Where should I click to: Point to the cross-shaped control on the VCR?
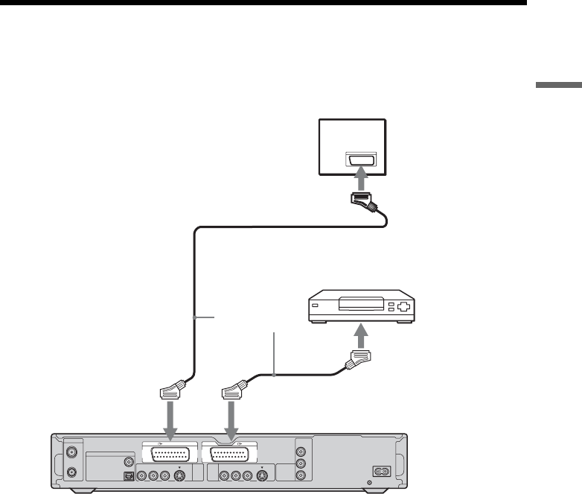coord(403,305)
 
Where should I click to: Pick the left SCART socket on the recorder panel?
coord(170,455)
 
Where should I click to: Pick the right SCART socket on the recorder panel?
coord(234,455)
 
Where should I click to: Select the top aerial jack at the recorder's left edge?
coord(72,452)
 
